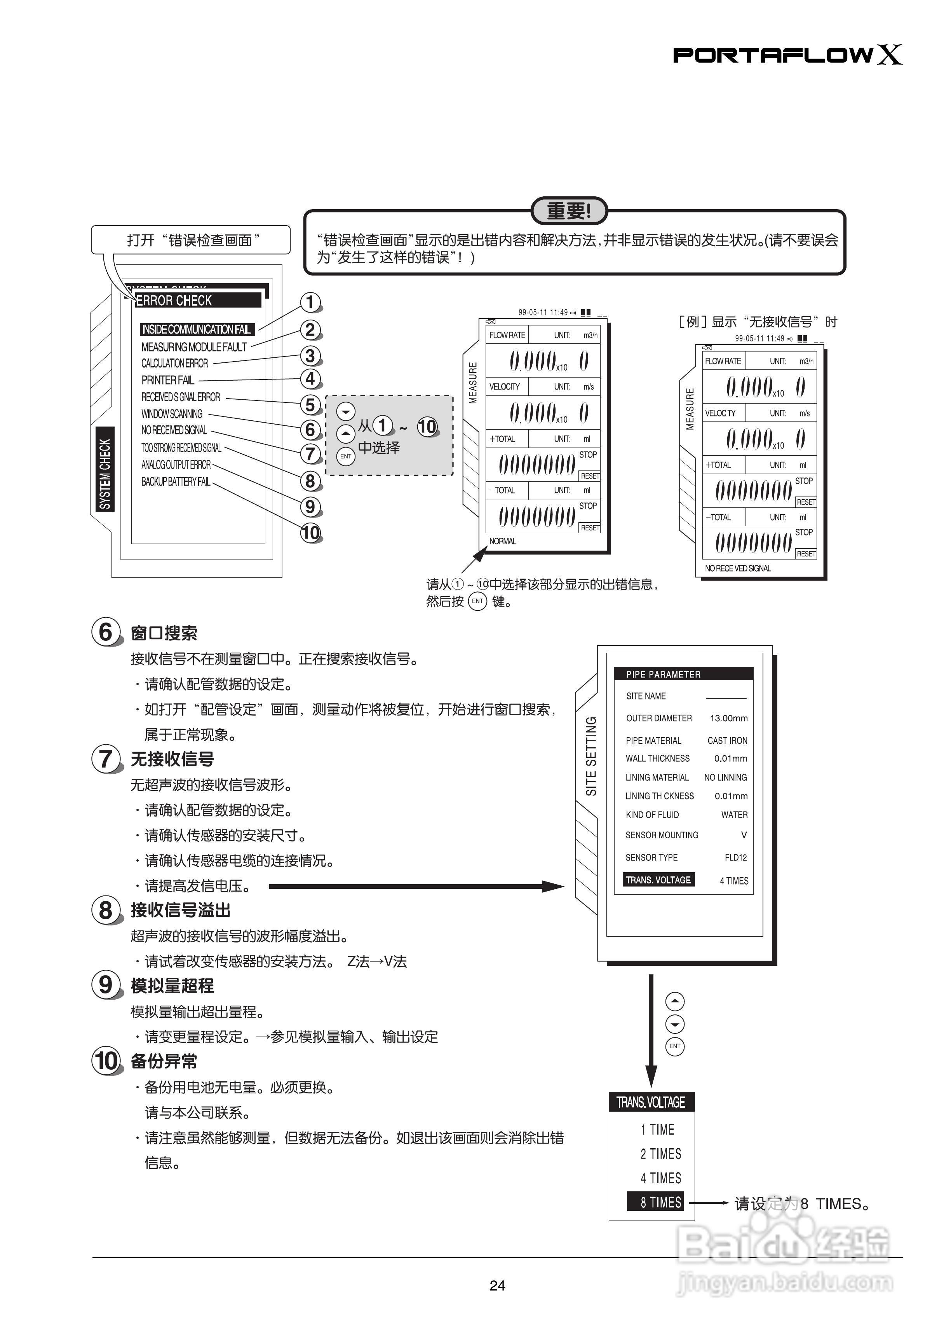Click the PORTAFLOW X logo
(787, 55)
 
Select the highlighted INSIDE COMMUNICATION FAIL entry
(197, 329)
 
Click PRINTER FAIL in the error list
(167, 380)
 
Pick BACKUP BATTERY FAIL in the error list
(176, 482)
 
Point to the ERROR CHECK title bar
(198, 301)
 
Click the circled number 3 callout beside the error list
(310, 356)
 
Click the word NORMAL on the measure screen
(502, 541)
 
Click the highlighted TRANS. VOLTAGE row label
(659, 880)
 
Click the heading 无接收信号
(172, 759)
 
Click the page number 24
(497, 1285)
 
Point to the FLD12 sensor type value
(735, 858)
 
